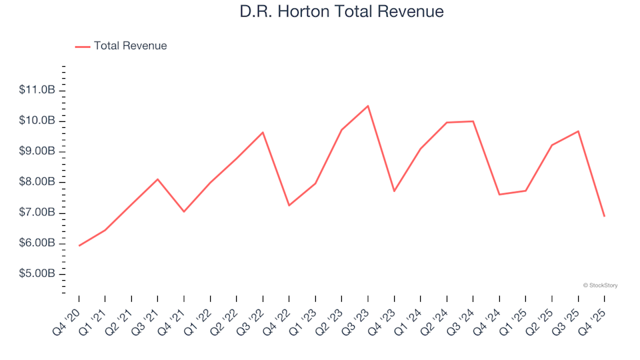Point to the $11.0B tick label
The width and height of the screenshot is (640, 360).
[x=37, y=90]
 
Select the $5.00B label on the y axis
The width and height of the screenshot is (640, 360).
[x=37, y=274]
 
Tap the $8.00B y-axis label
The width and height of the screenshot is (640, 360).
[x=37, y=182]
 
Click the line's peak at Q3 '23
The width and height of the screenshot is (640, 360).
[x=368, y=106]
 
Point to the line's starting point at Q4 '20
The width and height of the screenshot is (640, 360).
[x=79, y=246]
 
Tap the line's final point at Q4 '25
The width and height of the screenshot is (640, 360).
[x=604, y=216]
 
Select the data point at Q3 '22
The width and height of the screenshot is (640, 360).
[x=263, y=132]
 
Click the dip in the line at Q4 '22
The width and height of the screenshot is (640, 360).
[x=289, y=205]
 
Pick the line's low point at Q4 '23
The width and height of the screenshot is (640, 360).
[x=394, y=191]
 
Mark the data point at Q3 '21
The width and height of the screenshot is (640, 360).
[x=158, y=179]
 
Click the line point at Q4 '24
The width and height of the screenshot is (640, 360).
[x=499, y=195]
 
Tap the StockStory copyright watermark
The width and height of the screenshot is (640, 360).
[x=600, y=285]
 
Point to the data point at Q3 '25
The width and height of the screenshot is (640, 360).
[x=578, y=131]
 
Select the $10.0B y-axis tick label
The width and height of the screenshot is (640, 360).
[x=37, y=121]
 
